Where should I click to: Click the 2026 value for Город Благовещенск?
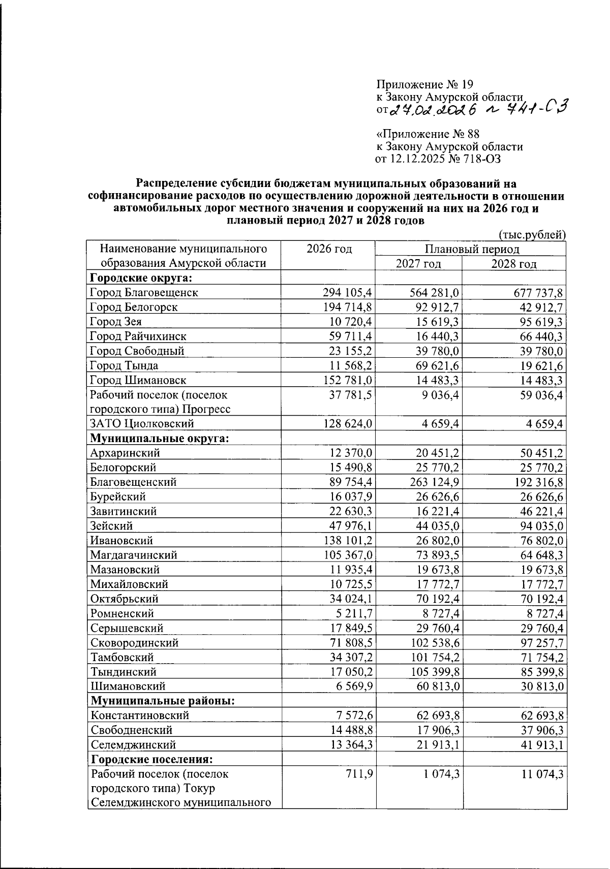(348, 293)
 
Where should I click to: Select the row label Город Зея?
(115, 322)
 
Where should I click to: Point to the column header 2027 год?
(418, 264)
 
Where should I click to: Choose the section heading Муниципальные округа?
(159, 438)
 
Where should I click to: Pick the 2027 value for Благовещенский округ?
(434, 482)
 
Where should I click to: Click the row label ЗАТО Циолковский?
(142, 423)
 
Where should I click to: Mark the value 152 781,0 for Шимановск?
(348, 380)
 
